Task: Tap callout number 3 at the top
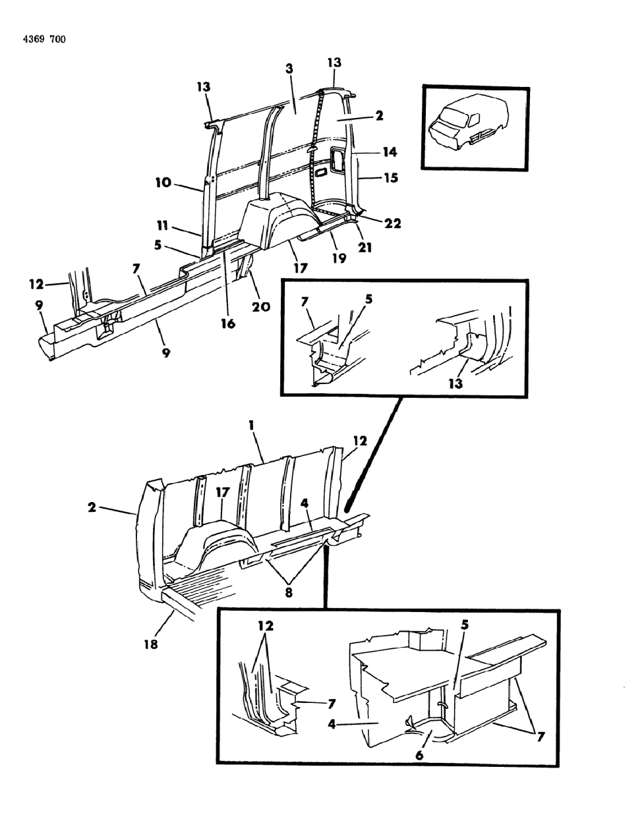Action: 289,69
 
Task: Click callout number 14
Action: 389,152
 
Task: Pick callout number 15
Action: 390,177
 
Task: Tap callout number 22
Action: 393,223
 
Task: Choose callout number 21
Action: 365,247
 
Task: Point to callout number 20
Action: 261,306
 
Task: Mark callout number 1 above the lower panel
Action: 251,426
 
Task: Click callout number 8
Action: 289,592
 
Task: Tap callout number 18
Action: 151,644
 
